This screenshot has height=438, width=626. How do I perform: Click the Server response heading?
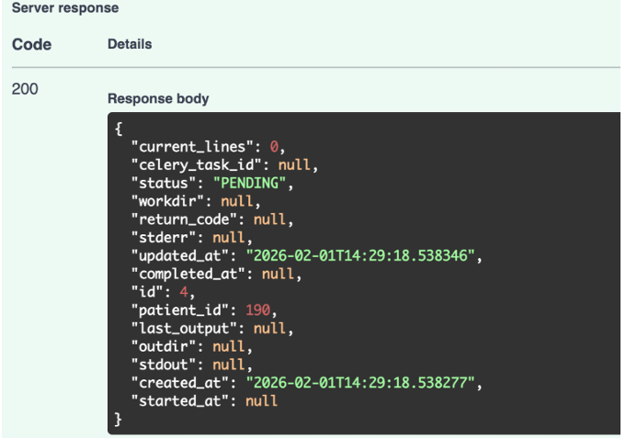tap(65, 8)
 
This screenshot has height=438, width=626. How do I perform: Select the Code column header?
tap(31, 44)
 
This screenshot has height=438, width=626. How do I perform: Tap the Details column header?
tap(130, 44)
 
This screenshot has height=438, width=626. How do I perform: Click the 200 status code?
tap(25, 88)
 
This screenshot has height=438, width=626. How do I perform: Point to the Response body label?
tap(158, 98)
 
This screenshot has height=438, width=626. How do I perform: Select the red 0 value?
tap(274, 147)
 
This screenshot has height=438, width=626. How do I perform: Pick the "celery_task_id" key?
tap(196, 164)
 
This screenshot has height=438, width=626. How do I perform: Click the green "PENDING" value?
tap(249, 183)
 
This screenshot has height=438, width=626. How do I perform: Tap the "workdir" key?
tap(167, 201)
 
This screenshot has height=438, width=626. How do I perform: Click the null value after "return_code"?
tap(269, 219)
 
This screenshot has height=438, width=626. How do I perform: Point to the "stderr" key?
tap(164, 238)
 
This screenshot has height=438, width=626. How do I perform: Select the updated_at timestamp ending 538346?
tap(360, 255)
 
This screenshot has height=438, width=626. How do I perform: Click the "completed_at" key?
tap(188, 274)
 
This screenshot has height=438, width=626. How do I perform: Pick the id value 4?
tap(184, 292)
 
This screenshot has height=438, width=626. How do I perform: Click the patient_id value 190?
tap(257, 310)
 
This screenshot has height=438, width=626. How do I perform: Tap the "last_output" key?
tap(184, 329)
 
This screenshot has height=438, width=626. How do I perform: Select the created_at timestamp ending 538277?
tap(360, 383)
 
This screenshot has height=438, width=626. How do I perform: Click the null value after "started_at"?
tap(261, 401)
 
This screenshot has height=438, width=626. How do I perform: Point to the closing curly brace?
tap(118, 420)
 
